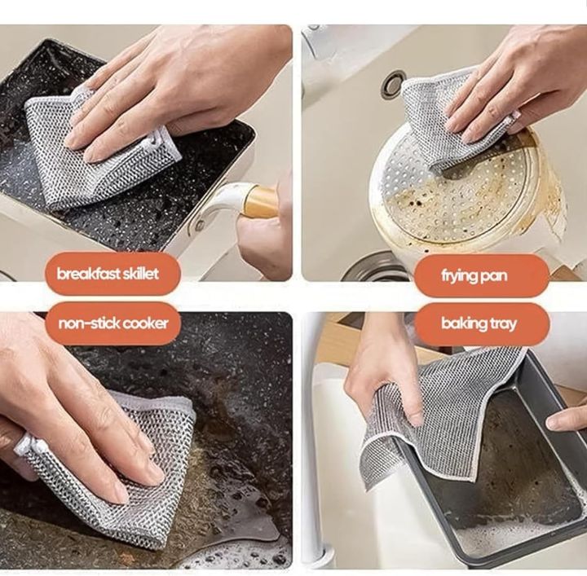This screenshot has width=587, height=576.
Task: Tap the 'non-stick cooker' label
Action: [113, 323]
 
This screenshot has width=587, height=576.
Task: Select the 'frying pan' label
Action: [473, 275]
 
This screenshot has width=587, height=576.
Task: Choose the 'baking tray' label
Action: [479, 323]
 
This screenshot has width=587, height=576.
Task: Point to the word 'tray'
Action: [503, 324]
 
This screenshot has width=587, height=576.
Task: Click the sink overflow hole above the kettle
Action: [394, 82]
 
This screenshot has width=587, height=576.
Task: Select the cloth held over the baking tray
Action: [440, 407]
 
